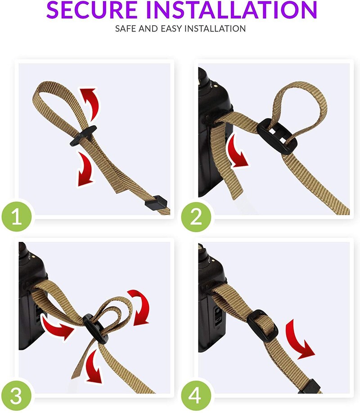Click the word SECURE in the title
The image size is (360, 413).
[x=92, y=10]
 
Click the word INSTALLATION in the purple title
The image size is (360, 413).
[x=232, y=10]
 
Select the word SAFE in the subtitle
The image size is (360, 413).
[x=126, y=28]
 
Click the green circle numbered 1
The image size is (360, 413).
[x=17, y=217]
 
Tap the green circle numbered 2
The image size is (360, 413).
[x=196, y=217]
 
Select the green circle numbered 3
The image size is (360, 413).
[x=17, y=395]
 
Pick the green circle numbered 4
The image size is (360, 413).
[x=196, y=395]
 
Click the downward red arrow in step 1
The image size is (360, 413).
[x=85, y=168]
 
